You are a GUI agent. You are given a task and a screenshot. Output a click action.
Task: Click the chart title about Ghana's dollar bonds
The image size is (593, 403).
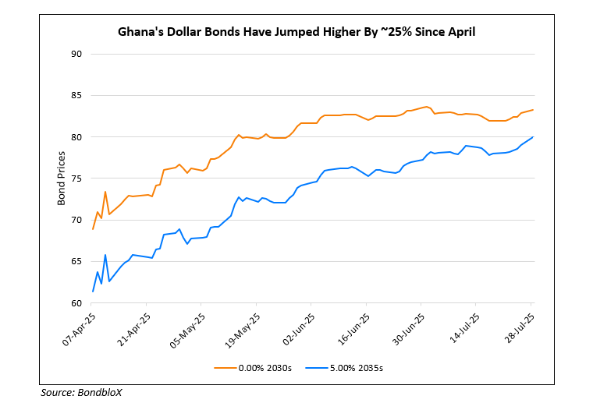[x=296, y=32]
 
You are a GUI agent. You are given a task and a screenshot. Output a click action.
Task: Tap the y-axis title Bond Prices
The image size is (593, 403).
[x=61, y=179]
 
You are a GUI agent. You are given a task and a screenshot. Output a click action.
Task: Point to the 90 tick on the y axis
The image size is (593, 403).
[x=76, y=54]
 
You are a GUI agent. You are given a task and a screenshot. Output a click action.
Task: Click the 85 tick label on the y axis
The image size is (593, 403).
[x=76, y=95]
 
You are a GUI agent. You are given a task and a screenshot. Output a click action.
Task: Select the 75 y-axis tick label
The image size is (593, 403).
[x=76, y=179]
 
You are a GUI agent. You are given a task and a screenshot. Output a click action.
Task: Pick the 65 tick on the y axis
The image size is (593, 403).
[x=76, y=261]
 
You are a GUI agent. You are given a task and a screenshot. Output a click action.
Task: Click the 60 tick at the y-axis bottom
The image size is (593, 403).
[x=76, y=302]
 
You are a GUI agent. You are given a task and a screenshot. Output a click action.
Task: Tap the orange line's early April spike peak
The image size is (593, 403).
[x=105, y=192]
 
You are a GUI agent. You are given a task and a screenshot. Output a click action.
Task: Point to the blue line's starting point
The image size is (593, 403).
[x=93, y=292]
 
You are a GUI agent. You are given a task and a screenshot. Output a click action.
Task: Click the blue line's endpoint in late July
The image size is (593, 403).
[x=533, y=137]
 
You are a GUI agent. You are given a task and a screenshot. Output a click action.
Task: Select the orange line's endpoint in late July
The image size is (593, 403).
[x=533, y=110]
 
